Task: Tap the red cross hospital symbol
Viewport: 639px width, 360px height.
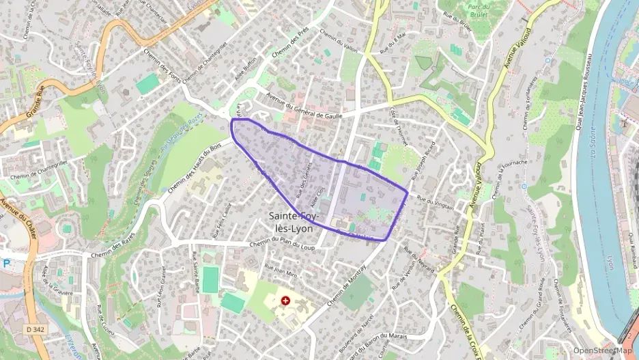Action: click(285, 301)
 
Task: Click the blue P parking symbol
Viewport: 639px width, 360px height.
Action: click(6, 263)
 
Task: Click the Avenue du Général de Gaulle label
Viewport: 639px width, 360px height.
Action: click(304, 104)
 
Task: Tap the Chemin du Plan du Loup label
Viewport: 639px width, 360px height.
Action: click(282, 245)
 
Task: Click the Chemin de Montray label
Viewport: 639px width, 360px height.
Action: click(347, 285)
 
